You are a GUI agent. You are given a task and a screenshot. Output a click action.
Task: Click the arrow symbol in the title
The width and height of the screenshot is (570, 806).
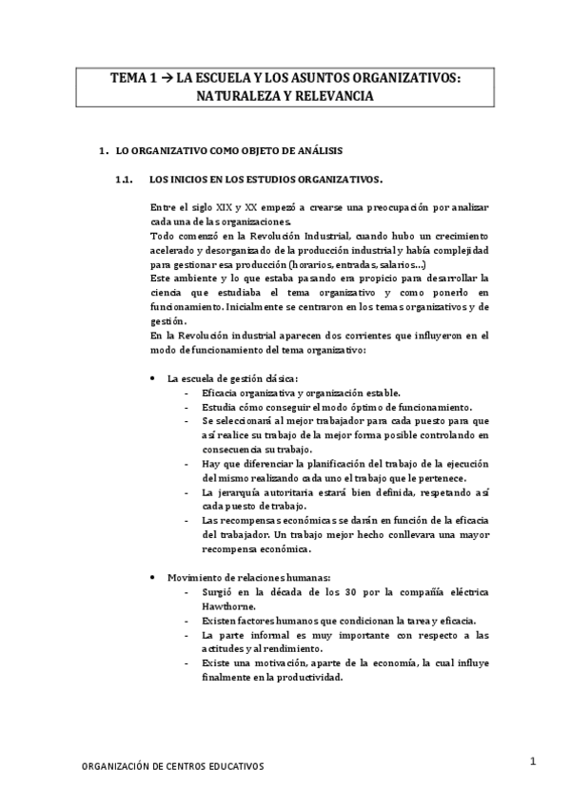pos(167,81)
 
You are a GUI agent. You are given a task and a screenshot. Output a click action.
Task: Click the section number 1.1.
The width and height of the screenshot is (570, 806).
pos(122,179)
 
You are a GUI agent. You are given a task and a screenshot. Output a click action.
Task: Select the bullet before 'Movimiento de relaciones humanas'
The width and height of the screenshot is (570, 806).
pos(155,577)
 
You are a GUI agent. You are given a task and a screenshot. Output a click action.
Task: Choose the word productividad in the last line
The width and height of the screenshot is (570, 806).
pos(306,677)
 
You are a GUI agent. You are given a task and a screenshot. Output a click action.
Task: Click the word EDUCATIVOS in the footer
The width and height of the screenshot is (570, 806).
pos(231,766)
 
